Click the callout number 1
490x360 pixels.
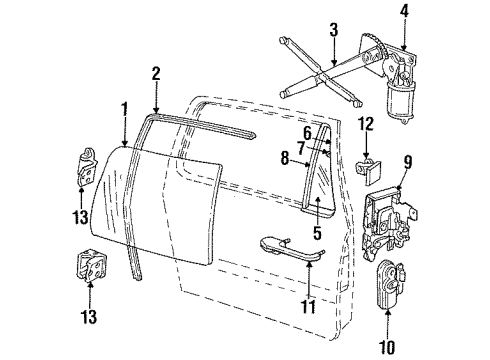pyautogui.click(x=123, y=108)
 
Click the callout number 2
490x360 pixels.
pyautogui.click(x=155, y=73)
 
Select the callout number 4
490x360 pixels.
pyautogui.click(x=404, y=13)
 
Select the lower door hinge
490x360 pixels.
pyautogui.click(x=88, y=269)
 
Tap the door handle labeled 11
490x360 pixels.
pyautogui.click(x=290, y=245)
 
